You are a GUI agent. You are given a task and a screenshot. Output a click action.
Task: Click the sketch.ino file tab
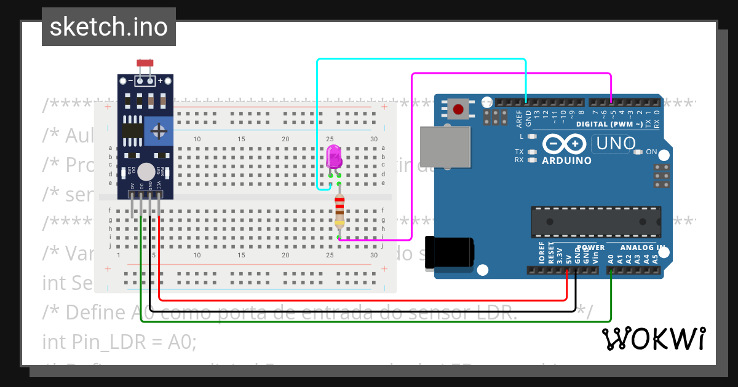[108, 27]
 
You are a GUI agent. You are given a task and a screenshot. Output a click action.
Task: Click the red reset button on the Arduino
[458, 110]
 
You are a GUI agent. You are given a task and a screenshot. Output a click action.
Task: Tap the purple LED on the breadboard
[334, 157]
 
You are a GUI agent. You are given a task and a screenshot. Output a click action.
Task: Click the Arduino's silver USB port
[445, 147]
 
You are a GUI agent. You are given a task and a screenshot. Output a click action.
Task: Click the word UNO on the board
[613, 144]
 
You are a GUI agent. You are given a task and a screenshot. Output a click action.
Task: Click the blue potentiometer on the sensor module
[159, 131]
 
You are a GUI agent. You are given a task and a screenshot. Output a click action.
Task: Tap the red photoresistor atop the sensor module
[145, 63]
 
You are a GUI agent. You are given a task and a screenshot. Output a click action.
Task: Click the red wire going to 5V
[369, 300]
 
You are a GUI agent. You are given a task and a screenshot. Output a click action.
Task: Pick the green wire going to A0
[369, 321]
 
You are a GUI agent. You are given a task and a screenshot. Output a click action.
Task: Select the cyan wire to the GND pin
[418, 60]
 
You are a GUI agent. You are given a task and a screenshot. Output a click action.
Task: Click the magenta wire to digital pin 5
[510, 74]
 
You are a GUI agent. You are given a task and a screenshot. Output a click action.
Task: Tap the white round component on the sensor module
[146, 172]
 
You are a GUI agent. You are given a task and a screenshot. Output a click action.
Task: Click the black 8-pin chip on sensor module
[131, 130]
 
